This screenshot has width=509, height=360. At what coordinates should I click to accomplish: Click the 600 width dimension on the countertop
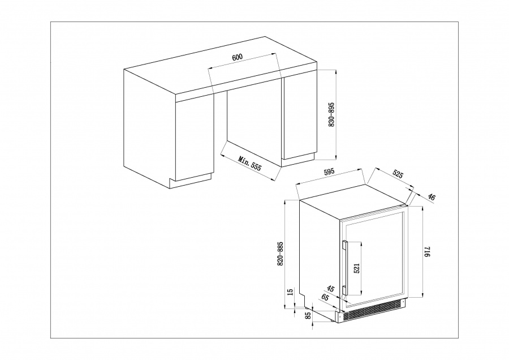[x=238, y=57]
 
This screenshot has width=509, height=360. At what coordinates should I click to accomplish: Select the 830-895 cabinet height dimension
[x=331, y=114]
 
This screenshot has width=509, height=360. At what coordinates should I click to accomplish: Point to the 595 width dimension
[x=329, y=172]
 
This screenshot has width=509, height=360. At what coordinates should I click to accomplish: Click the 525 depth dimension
[x=398, y=174]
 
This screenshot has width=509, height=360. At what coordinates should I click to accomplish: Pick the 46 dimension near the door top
[x=432, y=196]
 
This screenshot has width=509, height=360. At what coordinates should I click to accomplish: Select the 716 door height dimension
[x=427, y=252]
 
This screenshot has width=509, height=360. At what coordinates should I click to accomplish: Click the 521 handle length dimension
[x=357, y=268]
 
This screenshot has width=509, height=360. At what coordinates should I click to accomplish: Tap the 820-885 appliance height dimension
[x=281, y=254]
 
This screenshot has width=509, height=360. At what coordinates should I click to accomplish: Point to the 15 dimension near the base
[x=291, y=292]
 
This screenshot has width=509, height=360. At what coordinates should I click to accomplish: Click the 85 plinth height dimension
[x=308, y=315]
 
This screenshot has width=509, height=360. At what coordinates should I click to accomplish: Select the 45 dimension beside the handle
[x=330, y=289]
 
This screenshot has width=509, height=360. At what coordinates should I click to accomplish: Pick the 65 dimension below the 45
[x=325, y=297]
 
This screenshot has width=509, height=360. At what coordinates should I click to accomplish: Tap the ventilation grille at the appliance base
[x=374, y=311]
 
